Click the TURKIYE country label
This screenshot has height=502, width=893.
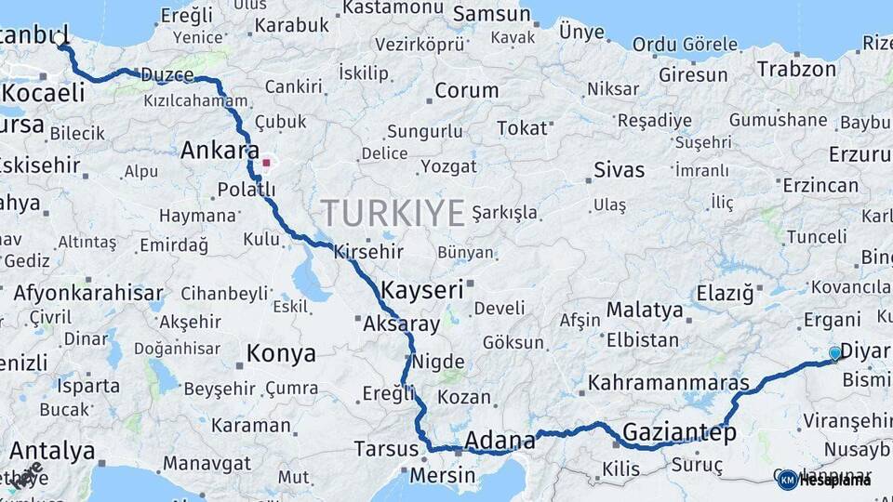[x=392, y=214]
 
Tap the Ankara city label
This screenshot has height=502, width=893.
[x=220, y=151]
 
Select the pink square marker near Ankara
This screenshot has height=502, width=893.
[x=266, y=164]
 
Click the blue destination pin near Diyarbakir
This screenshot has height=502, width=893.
[x=834, y=353]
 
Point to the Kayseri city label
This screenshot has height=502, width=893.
[x=421, y=289]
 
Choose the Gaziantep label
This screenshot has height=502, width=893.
[x=679, y=432]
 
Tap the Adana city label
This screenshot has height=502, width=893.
[x=500, y=439]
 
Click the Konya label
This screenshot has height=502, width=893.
[x=280, y=354]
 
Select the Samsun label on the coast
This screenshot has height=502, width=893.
[x=491, y=16]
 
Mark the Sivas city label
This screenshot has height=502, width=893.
[x=619, y=170]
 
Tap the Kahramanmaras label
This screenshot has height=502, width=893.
[x=668, y=382]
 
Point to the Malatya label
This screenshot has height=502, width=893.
[x=645, y=310]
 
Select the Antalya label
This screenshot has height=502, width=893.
[x=52, y=452]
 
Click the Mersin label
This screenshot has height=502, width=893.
[x=442, y=476]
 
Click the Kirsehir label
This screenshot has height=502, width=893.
[x=368, y=251]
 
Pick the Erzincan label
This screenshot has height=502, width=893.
[x=820, y=185]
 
